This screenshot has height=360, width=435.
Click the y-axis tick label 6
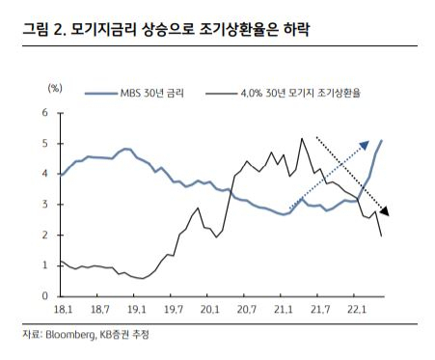[x=44, y=113]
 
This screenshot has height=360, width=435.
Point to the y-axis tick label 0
[x=44, y=295]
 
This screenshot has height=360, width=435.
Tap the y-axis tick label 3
[x=44, y=205]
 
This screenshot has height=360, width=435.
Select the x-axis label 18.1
[x=63, y=310]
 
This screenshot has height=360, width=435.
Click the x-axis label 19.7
[x=174, y=310]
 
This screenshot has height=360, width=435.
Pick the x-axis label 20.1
[x=210, y=310]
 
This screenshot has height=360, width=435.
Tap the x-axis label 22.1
[x=357, y=310]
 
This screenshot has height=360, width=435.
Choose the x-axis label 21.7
[x=320, y=310]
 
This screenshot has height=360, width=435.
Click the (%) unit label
[x=55, y=88]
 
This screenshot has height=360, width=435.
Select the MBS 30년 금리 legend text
[x=152, y=94]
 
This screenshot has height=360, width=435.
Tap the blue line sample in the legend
[x=101, y=94]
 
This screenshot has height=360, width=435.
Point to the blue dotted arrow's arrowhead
[x=365, y=145]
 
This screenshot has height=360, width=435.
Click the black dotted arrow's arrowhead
[x=385, y=211]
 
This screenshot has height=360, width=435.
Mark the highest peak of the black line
[x=302, y=138]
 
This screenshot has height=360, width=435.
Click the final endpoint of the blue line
[x=381, y=140]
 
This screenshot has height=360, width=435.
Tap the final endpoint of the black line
[x=381, y=236]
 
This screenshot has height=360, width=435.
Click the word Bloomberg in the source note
[x=70, y=335]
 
